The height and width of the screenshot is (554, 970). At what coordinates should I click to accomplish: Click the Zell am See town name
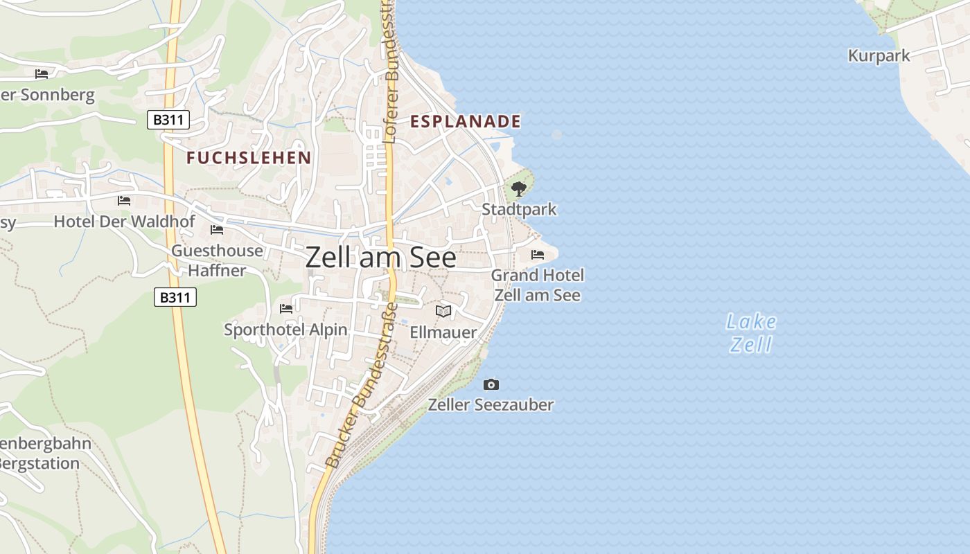pyautogui.click(x=380, y=258)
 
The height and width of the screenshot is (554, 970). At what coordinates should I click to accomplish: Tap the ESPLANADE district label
pyautogui.click(x=465, y=122)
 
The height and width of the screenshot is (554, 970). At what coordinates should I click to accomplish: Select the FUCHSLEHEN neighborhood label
pyautogui.click(x=249, y=158)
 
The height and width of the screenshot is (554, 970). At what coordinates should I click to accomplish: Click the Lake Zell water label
pyautogui.click(x=751, y=333)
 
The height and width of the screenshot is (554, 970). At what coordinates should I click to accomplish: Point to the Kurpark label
pyautogui.click(x=879, y=56)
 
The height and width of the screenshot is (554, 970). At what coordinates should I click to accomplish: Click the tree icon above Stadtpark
pyautogui.click(x=519, y=188)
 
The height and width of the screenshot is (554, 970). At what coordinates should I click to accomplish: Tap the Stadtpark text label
pyautogui.click(x=519, y=209)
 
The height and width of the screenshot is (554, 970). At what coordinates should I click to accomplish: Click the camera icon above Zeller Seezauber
pyautogui.click(x=491, y=384)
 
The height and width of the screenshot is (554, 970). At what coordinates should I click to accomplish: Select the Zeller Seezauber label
pyautogui.click(x=491, y=404)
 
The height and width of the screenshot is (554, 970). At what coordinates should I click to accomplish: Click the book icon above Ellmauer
pyautogui.click(x=443, y=312)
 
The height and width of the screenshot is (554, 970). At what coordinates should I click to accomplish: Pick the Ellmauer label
pyautogui.click(x=443, y=332)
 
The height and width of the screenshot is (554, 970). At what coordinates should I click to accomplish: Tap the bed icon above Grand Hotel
pyautogui.click(x=538, y=255)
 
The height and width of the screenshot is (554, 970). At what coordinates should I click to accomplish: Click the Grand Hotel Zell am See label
pyautogui.click(x=538, y=285)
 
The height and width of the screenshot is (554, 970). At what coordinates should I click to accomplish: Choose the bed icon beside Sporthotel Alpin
pyautogui.click(x=286, y=308)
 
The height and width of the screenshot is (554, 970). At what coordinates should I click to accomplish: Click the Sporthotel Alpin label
pyautogui.click(x=285, y=330)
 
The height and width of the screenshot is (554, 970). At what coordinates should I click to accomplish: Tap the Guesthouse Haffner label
pyautogui.click(x=217, y=260)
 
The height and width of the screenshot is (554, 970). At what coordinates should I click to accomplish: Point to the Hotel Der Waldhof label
pyautogui.click(x=114, y=222)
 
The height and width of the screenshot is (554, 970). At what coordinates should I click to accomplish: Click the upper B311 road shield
pyautogui.click(x=168, y=120)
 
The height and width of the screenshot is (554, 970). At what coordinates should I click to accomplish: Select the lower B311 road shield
pyautogui.click(x=175, y=298)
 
